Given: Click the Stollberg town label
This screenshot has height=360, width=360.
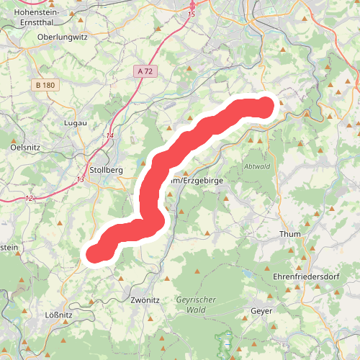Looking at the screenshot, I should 105,170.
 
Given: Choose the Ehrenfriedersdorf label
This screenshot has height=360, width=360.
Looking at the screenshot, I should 305,276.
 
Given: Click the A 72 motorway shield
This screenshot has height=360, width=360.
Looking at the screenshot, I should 143,71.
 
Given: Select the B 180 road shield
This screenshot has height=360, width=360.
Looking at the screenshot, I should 45,85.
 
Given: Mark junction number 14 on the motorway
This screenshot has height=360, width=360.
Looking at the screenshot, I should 110,135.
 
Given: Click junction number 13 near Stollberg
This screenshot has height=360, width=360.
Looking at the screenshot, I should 80,179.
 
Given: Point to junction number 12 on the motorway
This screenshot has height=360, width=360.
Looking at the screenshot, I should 29,198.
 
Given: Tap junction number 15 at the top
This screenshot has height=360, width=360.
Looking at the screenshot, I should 191,14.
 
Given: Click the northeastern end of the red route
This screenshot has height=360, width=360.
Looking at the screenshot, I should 266,107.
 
